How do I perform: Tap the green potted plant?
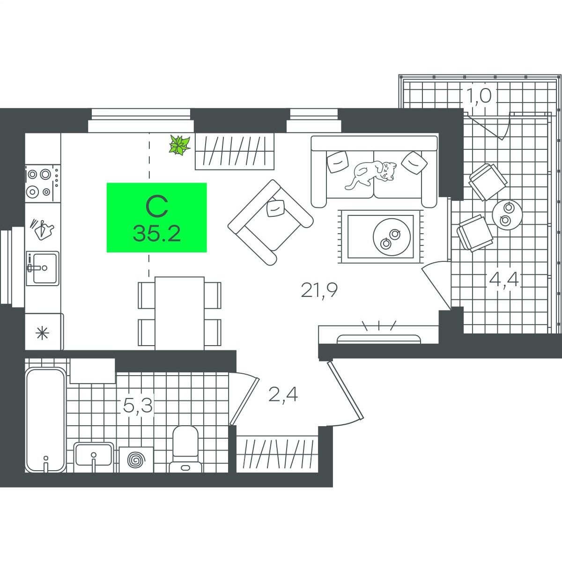point(180,145)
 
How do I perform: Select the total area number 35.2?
point(157,234)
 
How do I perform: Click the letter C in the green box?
point(157,207)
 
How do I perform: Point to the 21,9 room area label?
point(319,290)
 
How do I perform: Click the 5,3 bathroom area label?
point(138,406)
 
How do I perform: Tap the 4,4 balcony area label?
point(503,280)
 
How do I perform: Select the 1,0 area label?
point(479,96)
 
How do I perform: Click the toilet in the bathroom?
point(185,449)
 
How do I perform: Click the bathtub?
point(45,420)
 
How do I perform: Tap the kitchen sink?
point(43,268)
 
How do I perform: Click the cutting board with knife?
point(43,229)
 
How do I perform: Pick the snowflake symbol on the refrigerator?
point(42,333)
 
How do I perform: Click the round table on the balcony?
point(508,215)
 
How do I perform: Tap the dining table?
point(179,313)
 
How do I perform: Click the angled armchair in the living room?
point(270,222)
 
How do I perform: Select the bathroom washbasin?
point(93,457)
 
